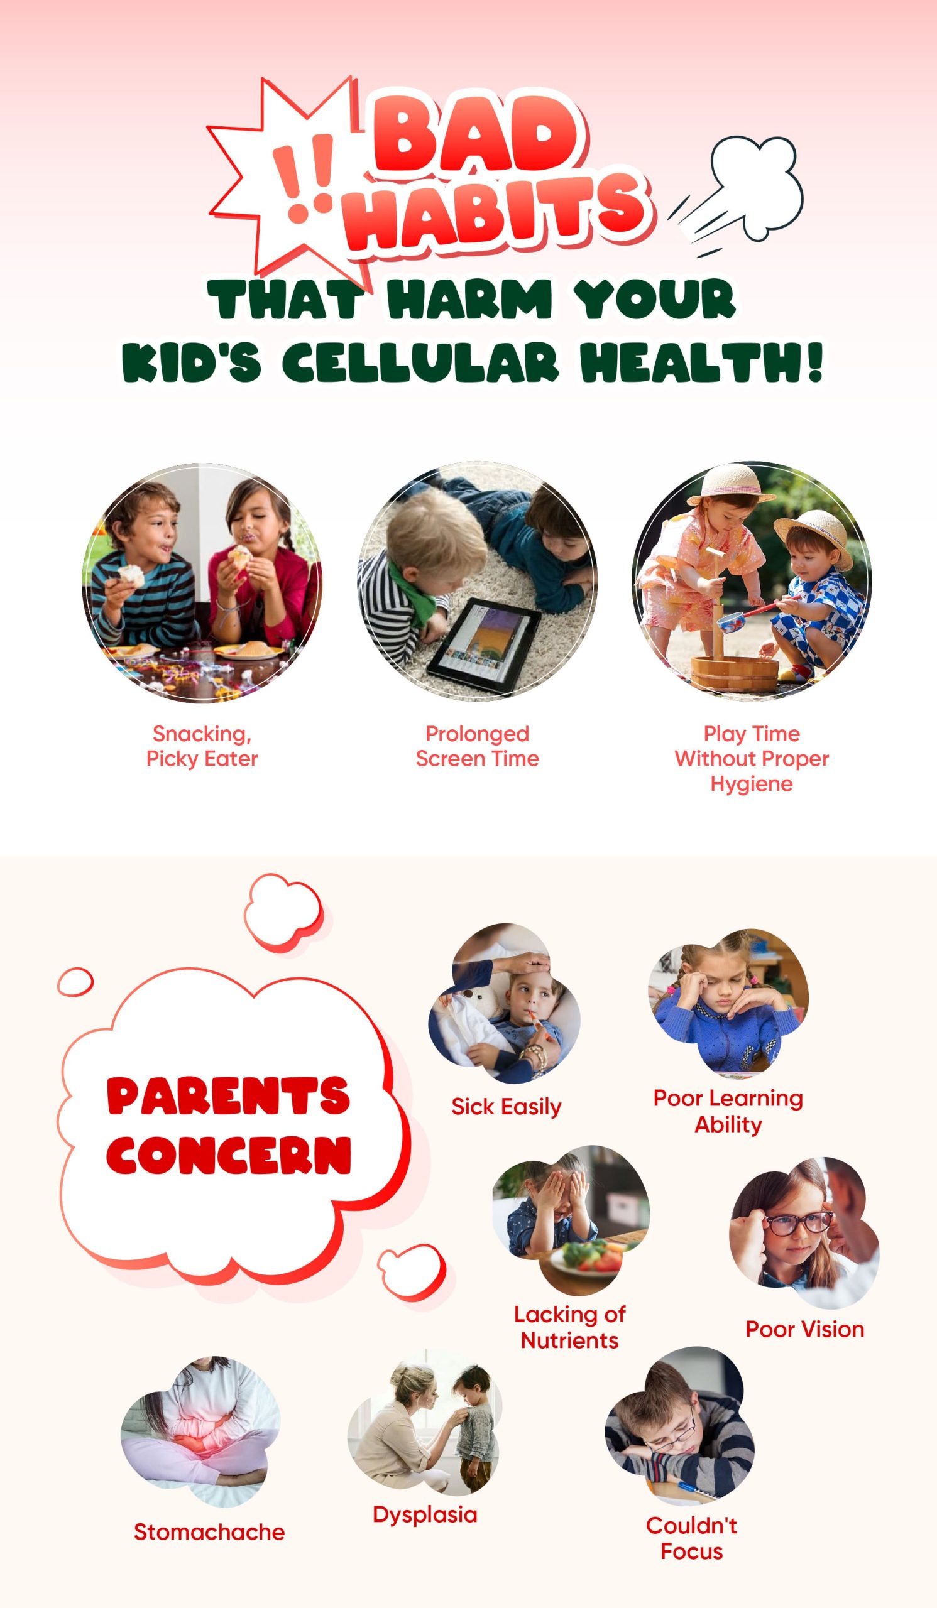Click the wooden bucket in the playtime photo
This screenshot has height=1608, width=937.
tap(735, 671)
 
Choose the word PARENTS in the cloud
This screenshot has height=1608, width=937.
tap(229, 1095)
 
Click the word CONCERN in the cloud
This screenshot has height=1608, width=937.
tap(229, 1156)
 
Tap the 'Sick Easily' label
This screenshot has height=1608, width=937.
tap(506, 1107)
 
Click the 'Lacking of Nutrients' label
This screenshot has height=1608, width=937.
tap(569, 1327)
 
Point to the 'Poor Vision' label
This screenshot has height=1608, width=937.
tap(805, 1329)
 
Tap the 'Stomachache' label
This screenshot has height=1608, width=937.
tap(209, 1532)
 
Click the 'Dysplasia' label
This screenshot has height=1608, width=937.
tap(425, 1516)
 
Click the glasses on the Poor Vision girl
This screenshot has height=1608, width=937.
tap(799, 1224)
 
